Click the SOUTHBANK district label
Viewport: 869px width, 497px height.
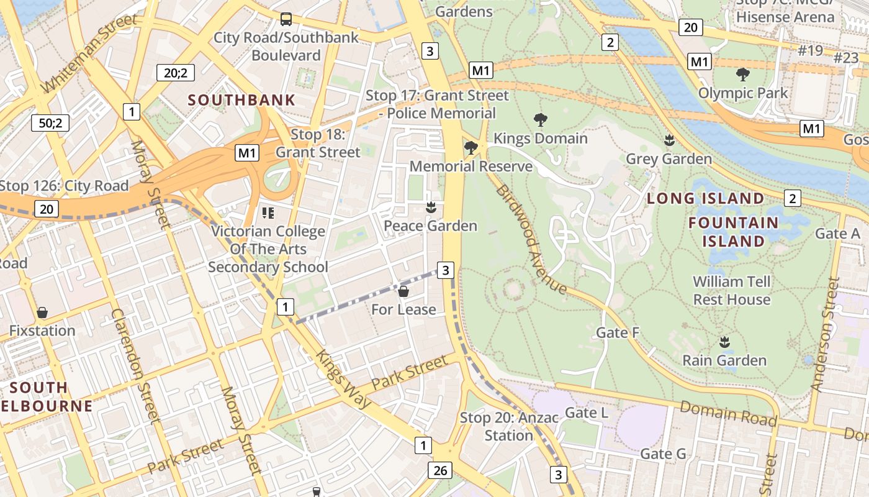pyautogui.click(x=241, y=100)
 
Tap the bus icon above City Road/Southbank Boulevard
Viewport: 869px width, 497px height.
pyautogui.click(x=286, y=19)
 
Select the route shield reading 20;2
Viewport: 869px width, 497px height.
pyautogui.click(x=176, y=73)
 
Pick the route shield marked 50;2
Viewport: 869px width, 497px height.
pyautogui.click(x=50, y=122)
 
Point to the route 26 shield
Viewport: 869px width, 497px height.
pyautogui.click(x=440, y=470)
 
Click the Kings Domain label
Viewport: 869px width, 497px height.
pyautogui.click(x=540, y=138)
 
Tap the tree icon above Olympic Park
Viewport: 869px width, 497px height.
pyautogui.click(x=742, y=75)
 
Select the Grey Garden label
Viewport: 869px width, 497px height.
pyautogui.click(x=669, y=159)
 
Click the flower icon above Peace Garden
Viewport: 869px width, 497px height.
pyautogui.click(x=430, y=207)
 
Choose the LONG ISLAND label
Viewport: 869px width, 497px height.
pyautogui.click(x=706, y=199)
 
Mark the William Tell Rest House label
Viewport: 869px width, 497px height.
pyautogui.click(x=732, y=290)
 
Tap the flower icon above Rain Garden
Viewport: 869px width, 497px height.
pyautogui.click(x=724, y=342)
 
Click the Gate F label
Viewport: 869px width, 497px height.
pyautogui.click(x=618, y=333)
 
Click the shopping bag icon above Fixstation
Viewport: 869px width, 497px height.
pyautogui.click(x=42, y=312)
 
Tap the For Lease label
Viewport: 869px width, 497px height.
pyautogui.click(x=403, y=309)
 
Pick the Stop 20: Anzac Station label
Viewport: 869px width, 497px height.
pyautogui.click(x=509, y=426)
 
